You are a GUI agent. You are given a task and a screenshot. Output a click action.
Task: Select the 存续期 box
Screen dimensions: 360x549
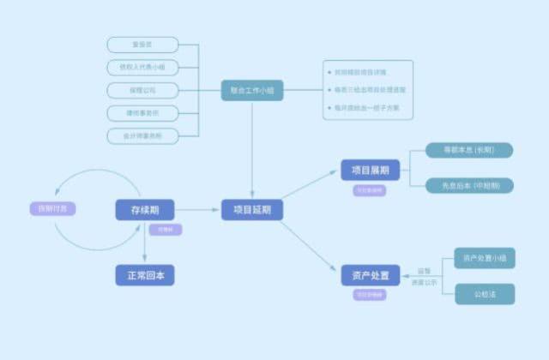145,209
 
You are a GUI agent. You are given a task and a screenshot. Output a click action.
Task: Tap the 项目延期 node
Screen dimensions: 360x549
252,209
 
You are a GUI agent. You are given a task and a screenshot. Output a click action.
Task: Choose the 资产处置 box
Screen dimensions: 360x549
371,275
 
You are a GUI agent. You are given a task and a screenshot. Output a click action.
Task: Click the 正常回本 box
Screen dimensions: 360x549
145,275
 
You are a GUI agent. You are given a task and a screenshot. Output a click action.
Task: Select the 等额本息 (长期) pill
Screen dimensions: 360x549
469,150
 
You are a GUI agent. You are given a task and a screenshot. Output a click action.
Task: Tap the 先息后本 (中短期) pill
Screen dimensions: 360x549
469,185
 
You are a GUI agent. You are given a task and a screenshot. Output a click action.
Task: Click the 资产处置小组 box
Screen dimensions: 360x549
485,258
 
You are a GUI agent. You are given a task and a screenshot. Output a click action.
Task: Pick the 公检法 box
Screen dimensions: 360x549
485,294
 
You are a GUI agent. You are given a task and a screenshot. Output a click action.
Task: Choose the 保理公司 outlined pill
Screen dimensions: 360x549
143,90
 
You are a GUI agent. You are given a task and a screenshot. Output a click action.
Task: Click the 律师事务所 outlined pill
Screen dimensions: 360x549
143,113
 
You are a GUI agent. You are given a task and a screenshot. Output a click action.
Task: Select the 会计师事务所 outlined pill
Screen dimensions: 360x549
143,136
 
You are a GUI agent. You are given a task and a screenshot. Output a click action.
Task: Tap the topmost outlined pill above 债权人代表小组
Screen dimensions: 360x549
143,45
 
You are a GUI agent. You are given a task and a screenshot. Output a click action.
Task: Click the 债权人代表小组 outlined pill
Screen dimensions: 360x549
143,67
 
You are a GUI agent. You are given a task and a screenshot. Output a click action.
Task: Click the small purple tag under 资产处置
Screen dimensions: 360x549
371,295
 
